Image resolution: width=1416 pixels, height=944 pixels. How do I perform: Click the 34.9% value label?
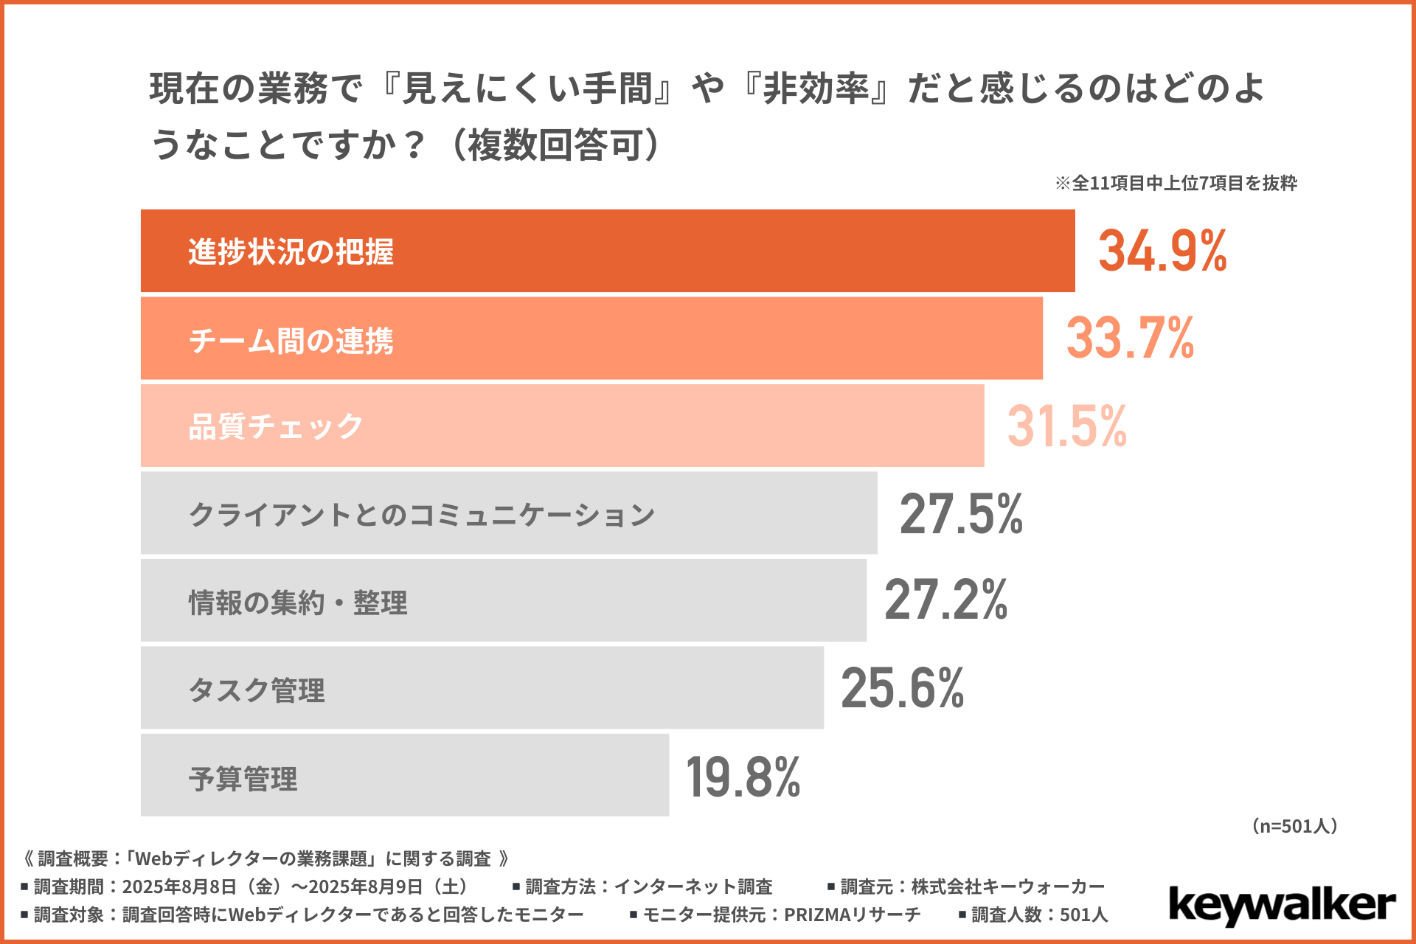click(1162, 251)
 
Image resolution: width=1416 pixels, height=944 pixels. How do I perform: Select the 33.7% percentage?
click(1130, 339)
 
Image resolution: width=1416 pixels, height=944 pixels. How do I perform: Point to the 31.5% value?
click(1067, 426)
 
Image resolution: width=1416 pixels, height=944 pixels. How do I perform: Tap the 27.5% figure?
click(961, 514)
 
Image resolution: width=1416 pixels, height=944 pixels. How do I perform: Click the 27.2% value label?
click(945, 600)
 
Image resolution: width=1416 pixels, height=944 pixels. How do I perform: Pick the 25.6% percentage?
click(902, 688)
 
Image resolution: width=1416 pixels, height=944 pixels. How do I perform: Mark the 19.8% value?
click(743, 777)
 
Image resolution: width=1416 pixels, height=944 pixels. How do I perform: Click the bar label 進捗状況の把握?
click(291, 252)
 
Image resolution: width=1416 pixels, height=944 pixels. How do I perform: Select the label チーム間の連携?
click(291, 341)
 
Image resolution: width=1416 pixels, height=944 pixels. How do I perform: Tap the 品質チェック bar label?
click(276, 427)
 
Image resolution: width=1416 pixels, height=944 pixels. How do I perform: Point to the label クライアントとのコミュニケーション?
click(422, 515)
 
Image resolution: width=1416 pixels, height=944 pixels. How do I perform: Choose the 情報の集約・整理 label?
click(298, 603)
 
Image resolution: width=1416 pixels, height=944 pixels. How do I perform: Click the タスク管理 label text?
click(257, 690)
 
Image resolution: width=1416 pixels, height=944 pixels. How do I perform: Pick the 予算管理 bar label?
click(243, 779)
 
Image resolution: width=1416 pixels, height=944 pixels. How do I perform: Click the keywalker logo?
click(1282, 906)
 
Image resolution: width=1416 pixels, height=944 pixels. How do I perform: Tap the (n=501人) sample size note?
click(1295, 826)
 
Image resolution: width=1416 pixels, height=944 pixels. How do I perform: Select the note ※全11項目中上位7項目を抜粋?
click(1176, 183)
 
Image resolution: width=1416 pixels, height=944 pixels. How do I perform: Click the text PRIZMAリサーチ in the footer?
click(852, 914)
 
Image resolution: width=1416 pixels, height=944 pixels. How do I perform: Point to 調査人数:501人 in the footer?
click(1039, 914)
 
